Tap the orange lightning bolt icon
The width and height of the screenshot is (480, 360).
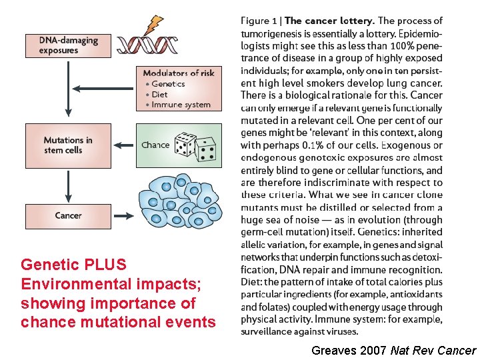[x=154, y=25]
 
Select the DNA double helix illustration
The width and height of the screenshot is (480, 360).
[x=148, y=45]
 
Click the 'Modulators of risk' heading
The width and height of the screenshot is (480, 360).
[x=179, y=73]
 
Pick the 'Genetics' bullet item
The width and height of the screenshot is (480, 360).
[x=167, y=84]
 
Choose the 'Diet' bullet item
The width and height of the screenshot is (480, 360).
[x=159, y=94]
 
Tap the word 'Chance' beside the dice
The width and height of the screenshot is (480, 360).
[x=155, y=145]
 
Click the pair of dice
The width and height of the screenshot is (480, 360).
[x=193, y=147]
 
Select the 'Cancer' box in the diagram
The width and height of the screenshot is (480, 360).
[x=68, y=215]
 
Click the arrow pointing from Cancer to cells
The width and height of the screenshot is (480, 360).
[x=123, y=215]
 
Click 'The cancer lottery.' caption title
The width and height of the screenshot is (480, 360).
[x=329, y=21]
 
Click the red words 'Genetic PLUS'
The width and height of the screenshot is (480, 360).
[x=73, y=265]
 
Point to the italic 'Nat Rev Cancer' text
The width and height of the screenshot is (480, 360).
[x=434, y=350]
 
